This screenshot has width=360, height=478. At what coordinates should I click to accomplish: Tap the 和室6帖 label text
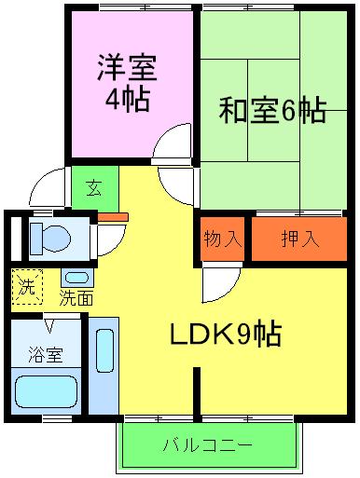pyautogui.click(x=271, y=111)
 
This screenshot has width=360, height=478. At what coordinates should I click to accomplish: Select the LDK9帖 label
pyautogui.click(x=227, y=332)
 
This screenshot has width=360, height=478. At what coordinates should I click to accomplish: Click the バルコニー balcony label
pyautogui.click(x=207, y=444)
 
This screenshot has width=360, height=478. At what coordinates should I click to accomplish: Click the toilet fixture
pyautogui.click(x=47, y=238)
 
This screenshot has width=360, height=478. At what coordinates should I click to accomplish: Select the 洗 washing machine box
pyautogui.click(x=26, y=286)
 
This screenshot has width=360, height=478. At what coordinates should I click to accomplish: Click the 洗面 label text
pyautogui.click(x=76, y=299)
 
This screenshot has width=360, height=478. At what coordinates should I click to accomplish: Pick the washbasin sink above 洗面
pyautogui.click(x=76, y=278)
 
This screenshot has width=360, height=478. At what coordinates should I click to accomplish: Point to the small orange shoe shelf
pyautogui.click(x=113, y=218)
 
